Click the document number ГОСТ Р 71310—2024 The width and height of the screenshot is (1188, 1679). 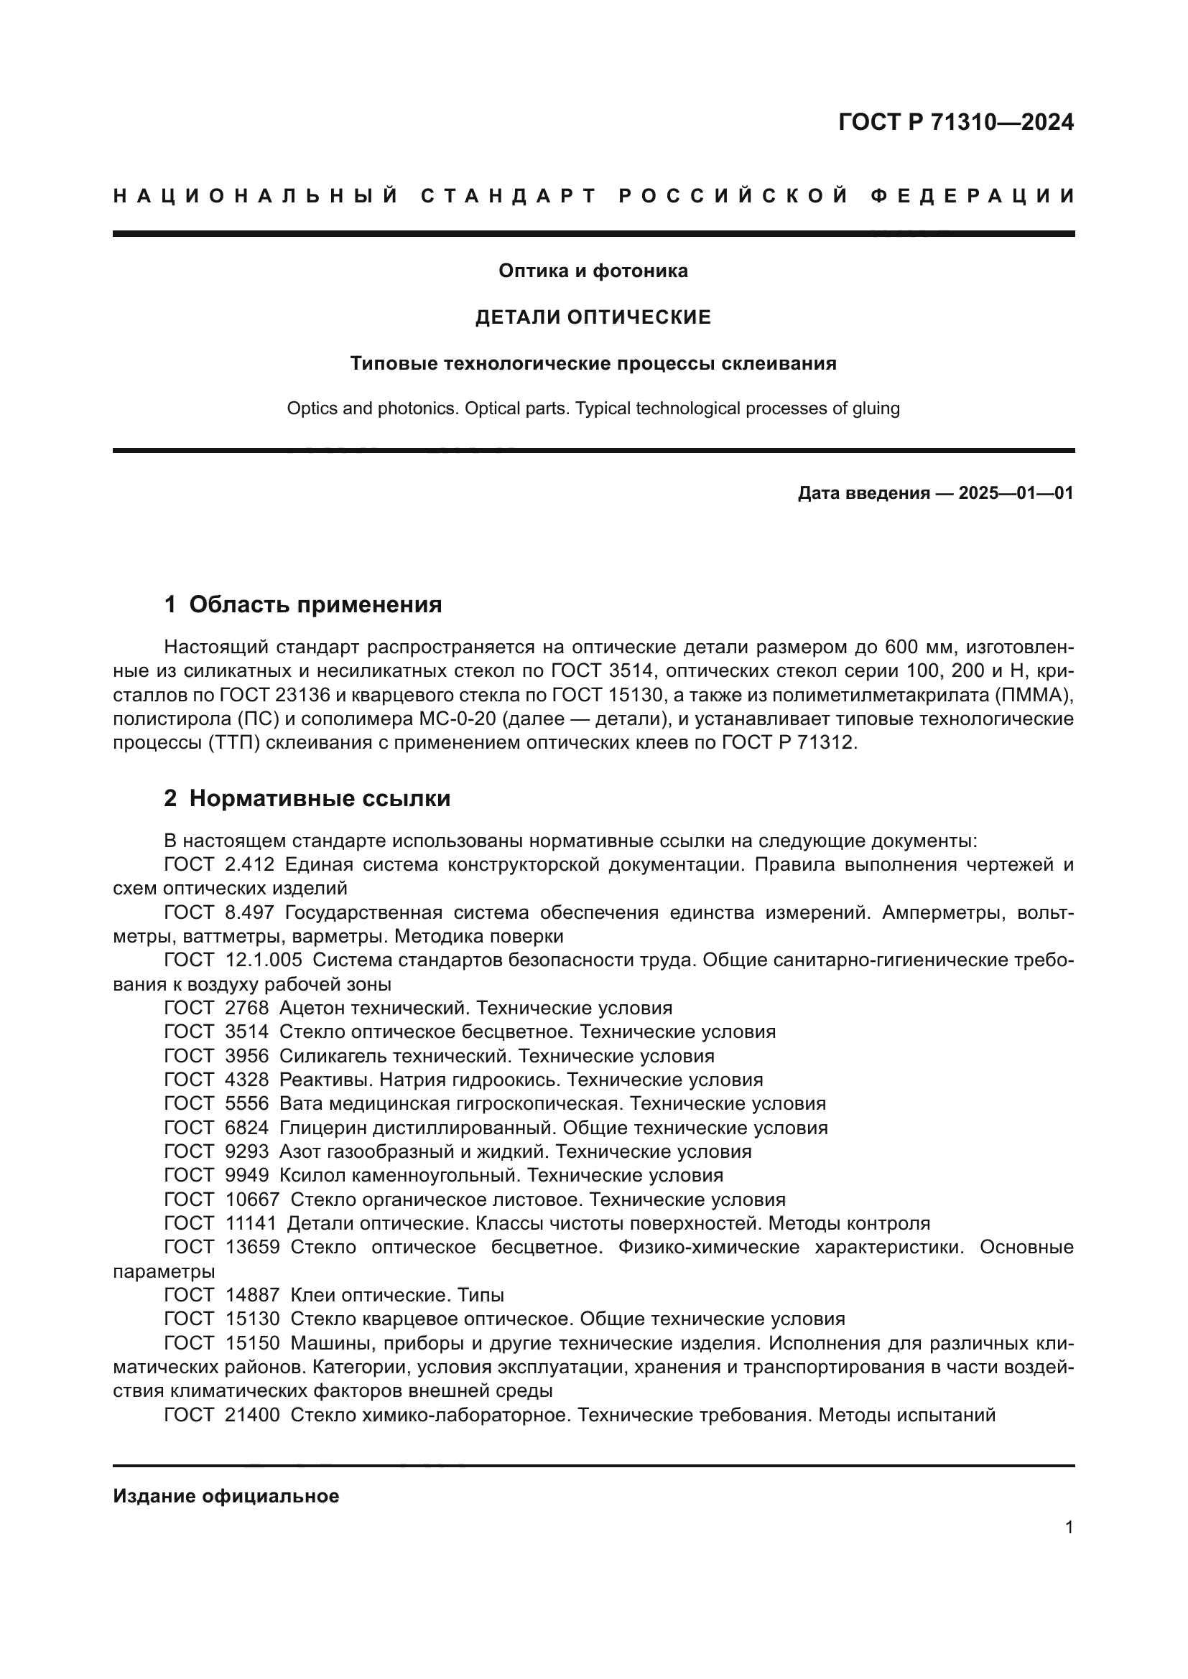click(x=955, y=122)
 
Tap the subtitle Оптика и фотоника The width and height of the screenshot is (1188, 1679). click(x=593, y=271)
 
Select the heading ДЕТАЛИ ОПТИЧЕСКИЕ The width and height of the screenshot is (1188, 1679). click(x=593, y=317)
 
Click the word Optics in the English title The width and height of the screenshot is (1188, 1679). click(x=310, y=408)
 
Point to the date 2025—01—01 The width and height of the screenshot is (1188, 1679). click(x=1016, y=493)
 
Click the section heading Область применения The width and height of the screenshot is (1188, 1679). click(x=315, y=604)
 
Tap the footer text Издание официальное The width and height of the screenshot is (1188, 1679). click(x=226, y=1496)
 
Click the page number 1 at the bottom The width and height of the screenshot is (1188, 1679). click(x=1069, y=1528)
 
